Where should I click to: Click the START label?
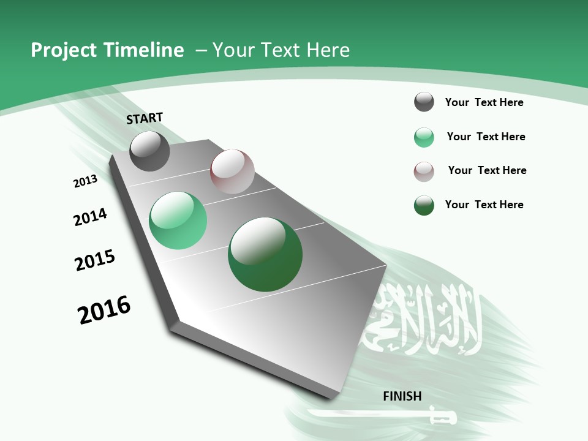pos(145,118)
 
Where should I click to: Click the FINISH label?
pos(402,396)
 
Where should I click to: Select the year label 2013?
pos(86,181)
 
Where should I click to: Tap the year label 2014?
pos(90,217)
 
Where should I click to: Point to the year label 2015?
pos(95,260)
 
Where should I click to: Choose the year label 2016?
pos(104,309)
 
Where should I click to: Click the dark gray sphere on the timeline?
pos(149,151)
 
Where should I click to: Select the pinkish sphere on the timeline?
pos(232,171)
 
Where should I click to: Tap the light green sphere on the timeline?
pos(178,221)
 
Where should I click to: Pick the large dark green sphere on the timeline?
pos(265,254)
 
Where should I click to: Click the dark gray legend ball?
pos(424,102)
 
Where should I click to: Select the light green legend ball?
pos(424,137)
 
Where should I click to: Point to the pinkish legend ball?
pos(424,171)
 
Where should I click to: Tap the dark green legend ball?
pos(424,205)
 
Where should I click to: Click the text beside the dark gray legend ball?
pos(484,102)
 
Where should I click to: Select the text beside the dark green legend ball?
pos(484,205)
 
